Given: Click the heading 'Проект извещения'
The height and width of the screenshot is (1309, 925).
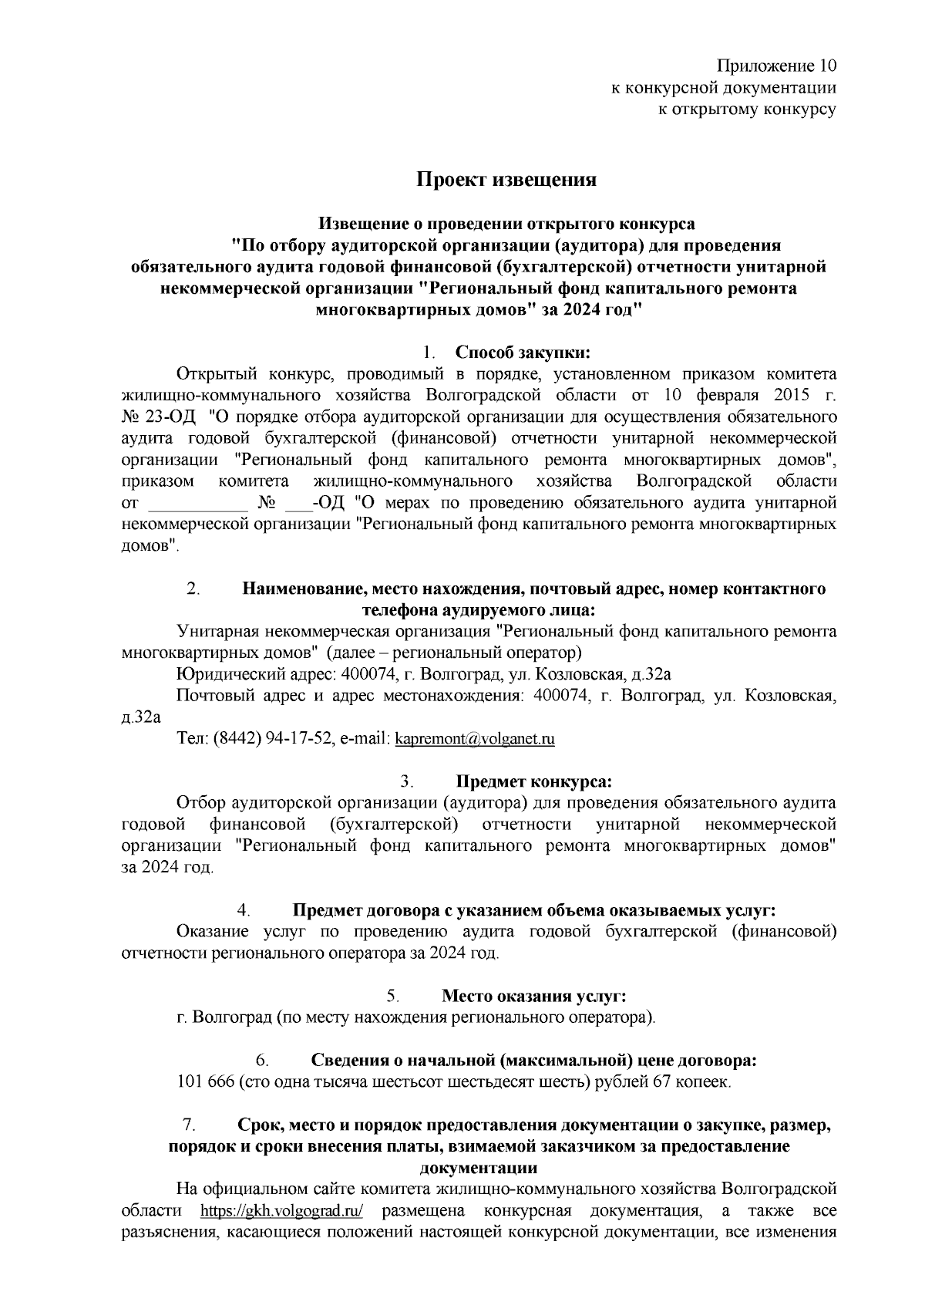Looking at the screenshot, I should coord(506,180).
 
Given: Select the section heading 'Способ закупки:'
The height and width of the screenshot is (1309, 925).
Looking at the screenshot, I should coord(522,353).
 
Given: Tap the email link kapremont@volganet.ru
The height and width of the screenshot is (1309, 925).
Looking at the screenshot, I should coord(474,739).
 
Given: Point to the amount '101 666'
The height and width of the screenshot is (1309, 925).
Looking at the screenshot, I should coord(205,1082).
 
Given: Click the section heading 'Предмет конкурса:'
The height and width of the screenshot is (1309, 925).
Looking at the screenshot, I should coord(533,781).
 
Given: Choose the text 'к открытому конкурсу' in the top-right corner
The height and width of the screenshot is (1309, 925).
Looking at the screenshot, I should coord(745,109).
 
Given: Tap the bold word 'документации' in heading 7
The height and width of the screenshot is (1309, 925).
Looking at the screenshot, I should coord(479,1167).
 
